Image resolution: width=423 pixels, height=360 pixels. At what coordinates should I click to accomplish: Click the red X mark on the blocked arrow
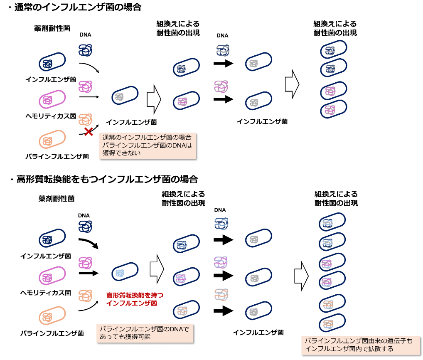point(89,132)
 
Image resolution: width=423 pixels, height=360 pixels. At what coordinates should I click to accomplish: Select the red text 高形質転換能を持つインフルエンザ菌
point(135,299)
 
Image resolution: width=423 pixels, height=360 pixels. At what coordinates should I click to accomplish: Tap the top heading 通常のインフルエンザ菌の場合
point(78,7)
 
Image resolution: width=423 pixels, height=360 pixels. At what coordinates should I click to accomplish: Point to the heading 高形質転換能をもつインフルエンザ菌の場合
point(107,179)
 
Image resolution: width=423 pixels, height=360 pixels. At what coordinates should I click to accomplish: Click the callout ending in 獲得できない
point(147,145)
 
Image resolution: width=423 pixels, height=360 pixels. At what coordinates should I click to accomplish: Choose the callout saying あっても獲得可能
point(145,333)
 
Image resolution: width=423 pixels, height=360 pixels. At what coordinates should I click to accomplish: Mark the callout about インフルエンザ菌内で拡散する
point(361,345)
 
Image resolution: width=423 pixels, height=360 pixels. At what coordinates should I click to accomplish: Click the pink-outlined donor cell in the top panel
point(52,99)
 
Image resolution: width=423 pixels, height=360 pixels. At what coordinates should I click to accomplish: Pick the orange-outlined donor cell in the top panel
point(52,139)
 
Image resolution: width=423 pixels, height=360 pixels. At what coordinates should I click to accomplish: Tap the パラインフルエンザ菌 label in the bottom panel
point(52,333)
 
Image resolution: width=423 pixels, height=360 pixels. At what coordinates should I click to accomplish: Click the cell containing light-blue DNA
point(125,271)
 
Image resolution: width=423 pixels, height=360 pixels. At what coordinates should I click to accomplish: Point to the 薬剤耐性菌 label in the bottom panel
point(57,199)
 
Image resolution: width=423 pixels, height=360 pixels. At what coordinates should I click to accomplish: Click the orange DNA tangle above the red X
point(85,119)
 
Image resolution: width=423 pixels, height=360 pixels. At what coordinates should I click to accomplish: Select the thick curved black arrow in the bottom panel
point(89,243)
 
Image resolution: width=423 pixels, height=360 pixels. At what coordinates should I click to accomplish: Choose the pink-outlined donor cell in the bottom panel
point(52,276)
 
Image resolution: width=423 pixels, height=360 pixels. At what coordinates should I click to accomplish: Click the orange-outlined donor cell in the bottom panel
point(52,316)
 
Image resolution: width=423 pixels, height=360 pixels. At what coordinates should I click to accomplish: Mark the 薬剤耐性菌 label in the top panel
point(52,28)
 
